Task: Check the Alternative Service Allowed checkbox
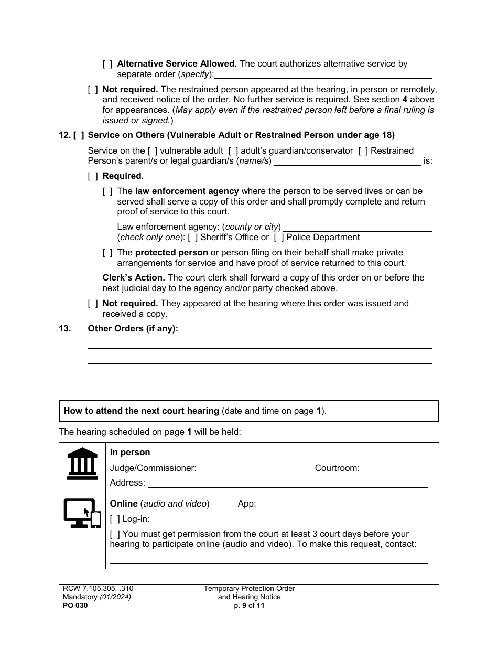pos(107,64)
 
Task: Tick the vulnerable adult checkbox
pos(153,151)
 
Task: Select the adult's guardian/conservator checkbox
pos(233,151)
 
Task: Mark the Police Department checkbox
pos(279,238)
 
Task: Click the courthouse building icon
pos(82,464)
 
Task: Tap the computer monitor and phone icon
pos(82,513)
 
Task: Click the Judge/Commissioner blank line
pos(253,468)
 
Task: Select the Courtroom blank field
pos(395,468)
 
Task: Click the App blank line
pos(343,503)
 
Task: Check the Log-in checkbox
pos(115,519)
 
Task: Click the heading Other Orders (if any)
pos(133,329)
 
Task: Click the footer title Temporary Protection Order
pos(250,589)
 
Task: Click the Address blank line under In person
pos(287,483)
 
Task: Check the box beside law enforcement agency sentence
pos(107,191)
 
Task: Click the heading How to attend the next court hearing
pos(142,411)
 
